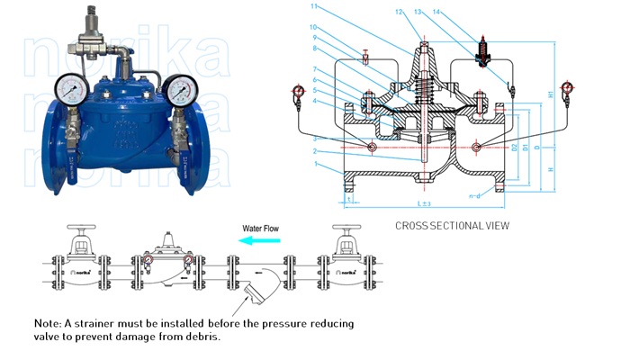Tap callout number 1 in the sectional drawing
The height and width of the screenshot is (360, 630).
[315, 171]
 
